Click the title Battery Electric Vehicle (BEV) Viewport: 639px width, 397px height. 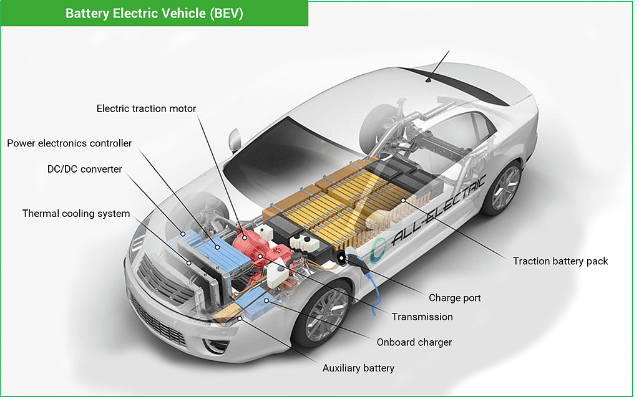point(154,14)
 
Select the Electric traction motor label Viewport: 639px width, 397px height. point(146,108)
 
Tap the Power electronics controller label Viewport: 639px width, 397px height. point(69,143)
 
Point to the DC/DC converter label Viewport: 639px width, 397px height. point(85,169)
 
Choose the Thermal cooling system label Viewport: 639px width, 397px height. point(76,213)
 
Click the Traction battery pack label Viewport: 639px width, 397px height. point(560,261)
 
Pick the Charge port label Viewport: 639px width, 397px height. point(455,298)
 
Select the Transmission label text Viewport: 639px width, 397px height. point(422,317)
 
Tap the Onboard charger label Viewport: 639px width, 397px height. point(414,342)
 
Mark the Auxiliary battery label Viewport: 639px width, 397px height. point(358,368)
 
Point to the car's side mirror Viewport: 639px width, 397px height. point(235,140)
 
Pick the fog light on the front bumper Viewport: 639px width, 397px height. point(215,346)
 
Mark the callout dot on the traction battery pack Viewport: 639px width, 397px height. point(403,200)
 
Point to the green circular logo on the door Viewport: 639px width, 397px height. point(378,249)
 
